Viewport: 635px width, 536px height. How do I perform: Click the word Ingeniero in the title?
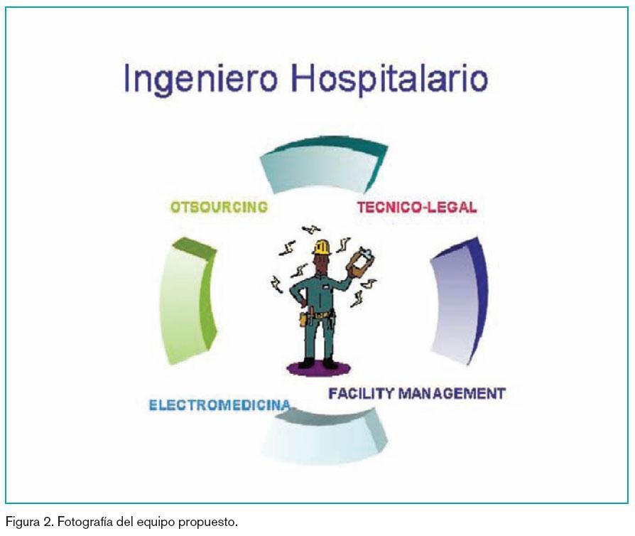[200, 80]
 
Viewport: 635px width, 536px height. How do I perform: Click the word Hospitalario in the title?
[389, 79]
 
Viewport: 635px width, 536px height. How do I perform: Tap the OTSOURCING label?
[219, 207]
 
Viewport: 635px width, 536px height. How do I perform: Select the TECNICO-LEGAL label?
[417, 207]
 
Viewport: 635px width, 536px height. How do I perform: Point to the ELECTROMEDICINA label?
[220, 404]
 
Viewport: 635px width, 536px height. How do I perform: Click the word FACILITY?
[361, 393]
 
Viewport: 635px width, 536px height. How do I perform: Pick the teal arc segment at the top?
[324, 163]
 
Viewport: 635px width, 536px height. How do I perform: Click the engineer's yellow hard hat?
[322, 247]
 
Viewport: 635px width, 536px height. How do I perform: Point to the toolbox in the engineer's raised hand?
[360, 263]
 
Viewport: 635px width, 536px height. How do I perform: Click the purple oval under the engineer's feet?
[319, 368]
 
